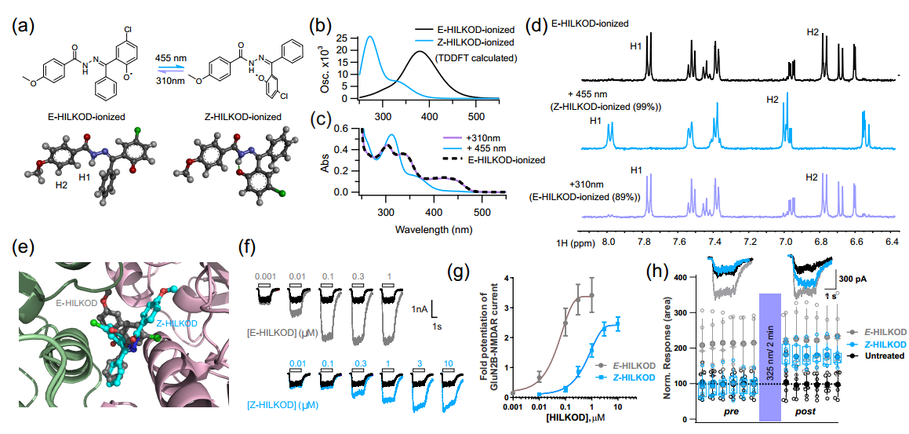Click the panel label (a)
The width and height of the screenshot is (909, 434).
[21, 25]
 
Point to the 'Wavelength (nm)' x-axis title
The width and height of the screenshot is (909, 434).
[423, 229]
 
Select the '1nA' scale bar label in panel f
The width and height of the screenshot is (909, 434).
[420, 311]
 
